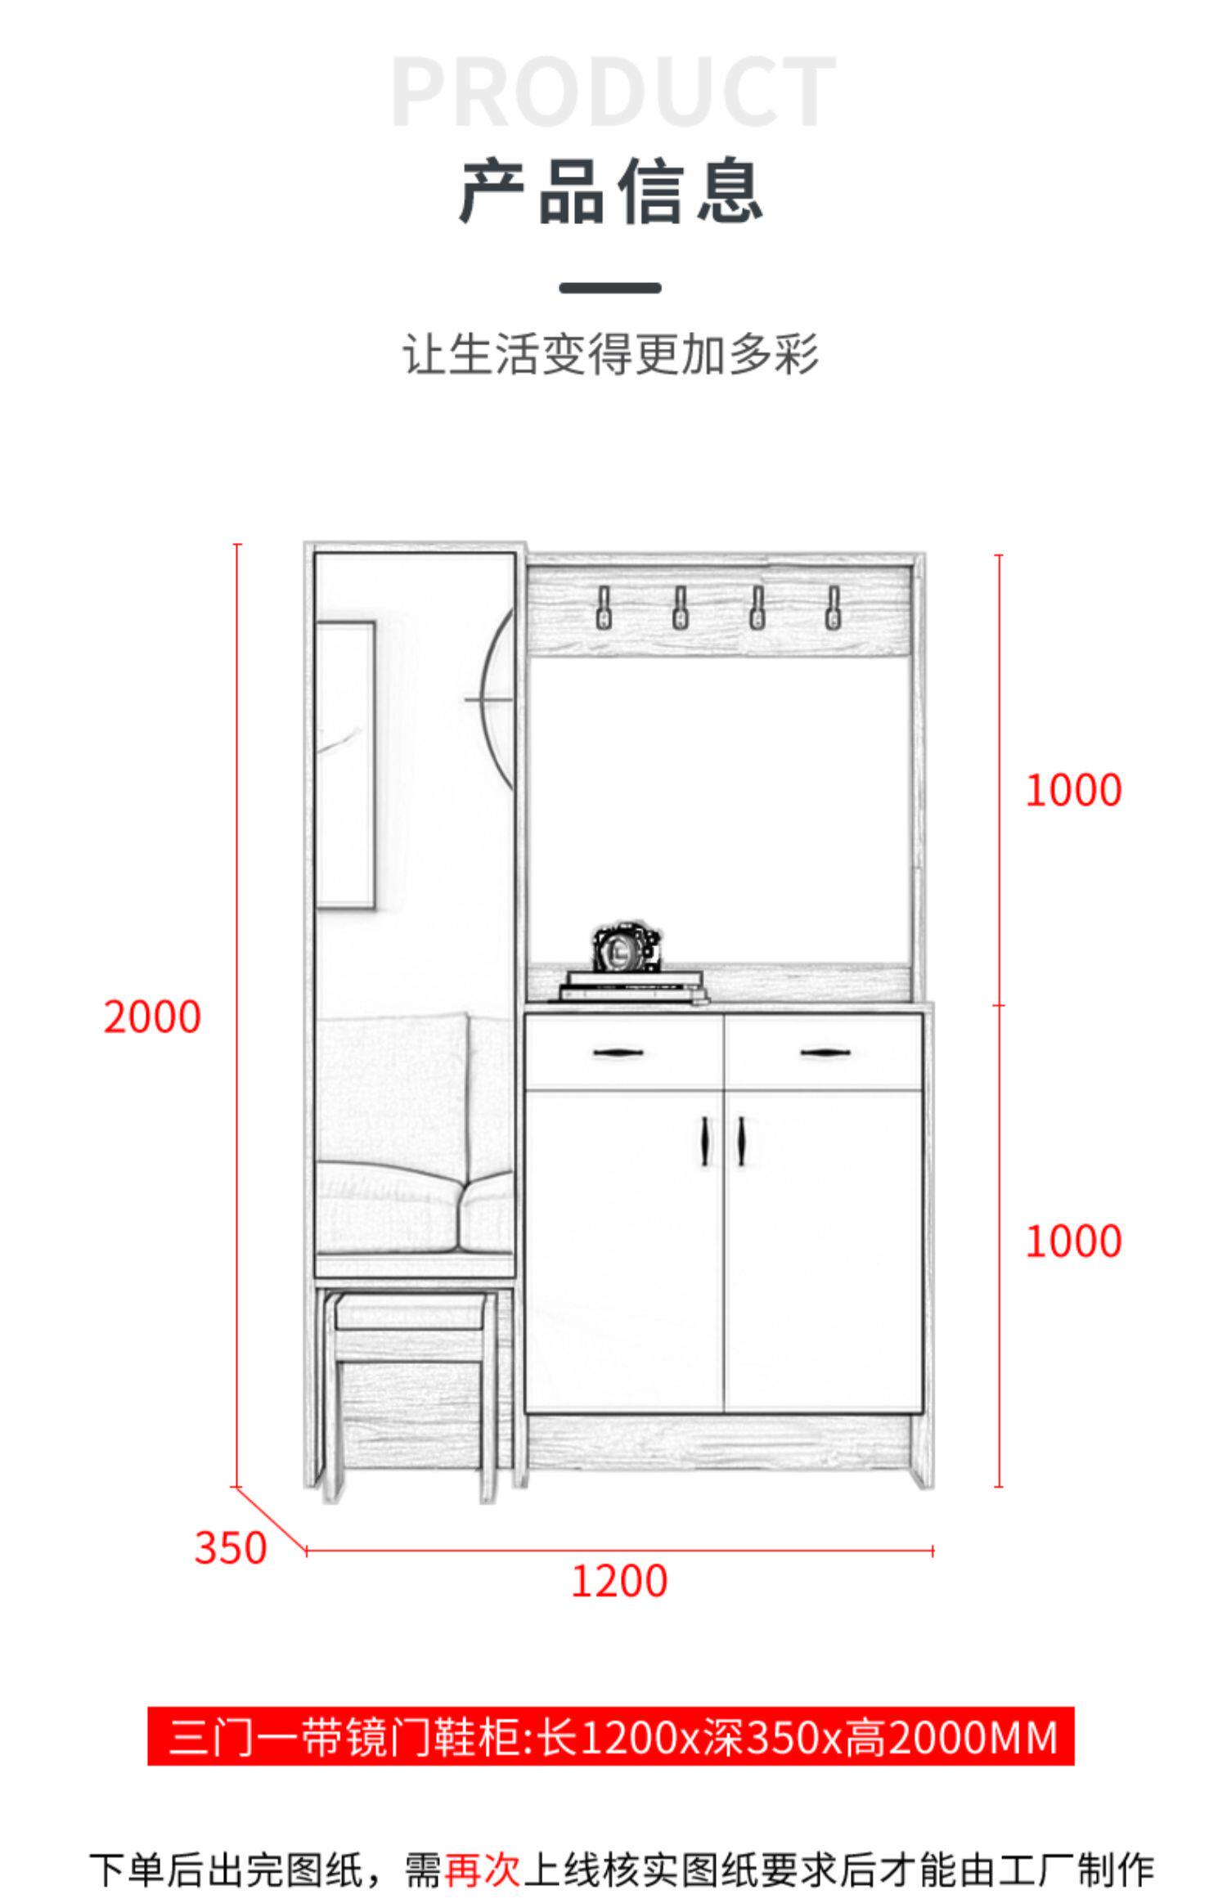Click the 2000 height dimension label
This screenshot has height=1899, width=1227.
[x=152, y=1017]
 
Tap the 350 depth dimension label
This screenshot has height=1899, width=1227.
[x=231, y=1548]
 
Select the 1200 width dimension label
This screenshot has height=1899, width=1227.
[x=618, y=1581]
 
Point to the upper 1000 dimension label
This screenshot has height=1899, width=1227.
[x=1073, y=791]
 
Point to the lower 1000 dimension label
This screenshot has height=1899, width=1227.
[x=1073, y=1241]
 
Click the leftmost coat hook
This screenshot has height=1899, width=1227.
[x=604, y=608]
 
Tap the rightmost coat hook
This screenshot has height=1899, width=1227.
[x=833, y=608]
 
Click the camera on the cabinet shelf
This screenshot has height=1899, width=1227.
[x=627, y=948]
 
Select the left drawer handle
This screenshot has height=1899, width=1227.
[x=618, y=1053]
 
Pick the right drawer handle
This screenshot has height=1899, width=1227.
[x=825, y=1053]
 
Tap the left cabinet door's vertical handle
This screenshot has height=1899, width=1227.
[x=705, y=1141]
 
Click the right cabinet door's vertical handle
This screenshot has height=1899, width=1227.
[x=742, y=1141]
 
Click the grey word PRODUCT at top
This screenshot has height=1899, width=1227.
[x=613, y=92]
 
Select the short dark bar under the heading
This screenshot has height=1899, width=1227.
[x=610, y=288]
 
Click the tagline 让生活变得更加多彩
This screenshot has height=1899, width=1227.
[x=611, y=354]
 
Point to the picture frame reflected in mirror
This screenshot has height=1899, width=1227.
[x=346, y=764]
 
